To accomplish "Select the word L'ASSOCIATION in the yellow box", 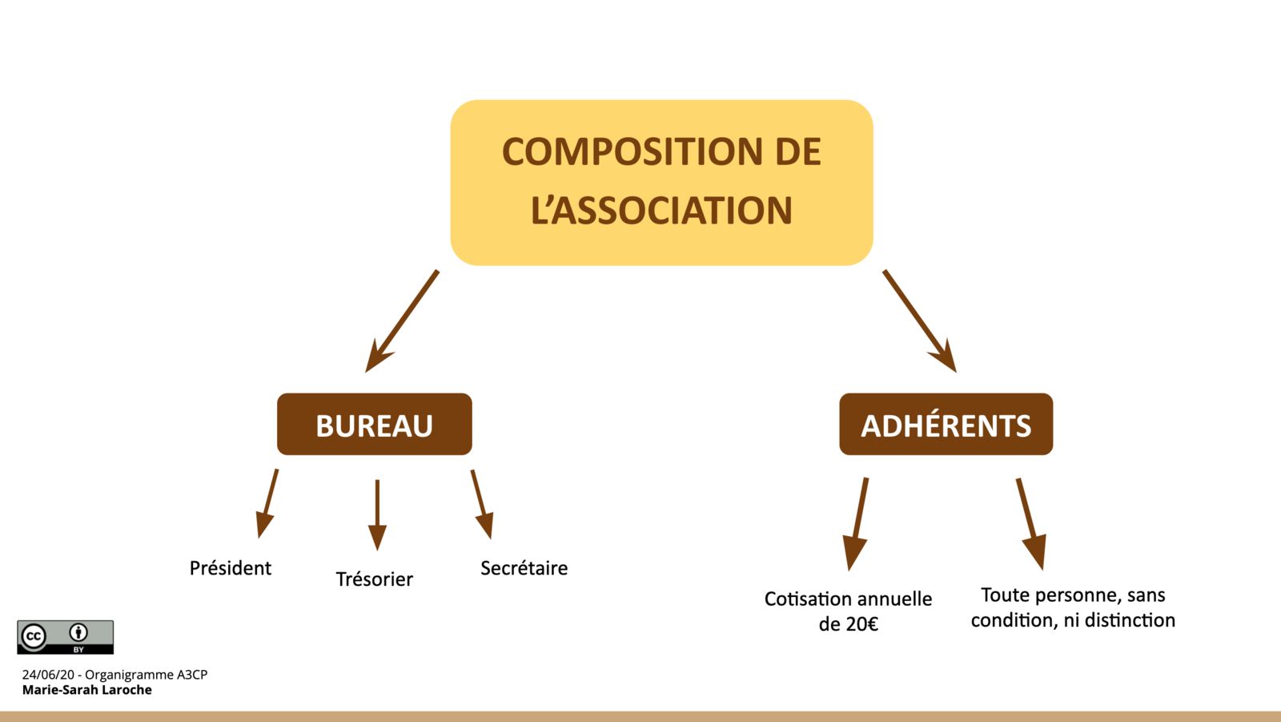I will [661, 211].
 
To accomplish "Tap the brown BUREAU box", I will [374, 425].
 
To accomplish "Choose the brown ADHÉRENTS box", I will [946, 425].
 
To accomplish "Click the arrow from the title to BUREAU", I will [403, 321].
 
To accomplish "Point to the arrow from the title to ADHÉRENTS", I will [919, 321].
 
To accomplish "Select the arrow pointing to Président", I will [267, 503].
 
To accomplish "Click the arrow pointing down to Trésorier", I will [377, 514].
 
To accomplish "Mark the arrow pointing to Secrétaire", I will [481, 504].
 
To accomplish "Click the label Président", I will [231, 568].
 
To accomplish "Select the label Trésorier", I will [374, 579].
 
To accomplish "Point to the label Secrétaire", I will [524, 568].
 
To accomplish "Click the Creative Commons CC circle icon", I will [34, 636].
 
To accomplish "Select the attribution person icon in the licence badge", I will [78, 632].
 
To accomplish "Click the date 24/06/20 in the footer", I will [48, 675].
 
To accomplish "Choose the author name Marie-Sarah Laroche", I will [86, 690].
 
